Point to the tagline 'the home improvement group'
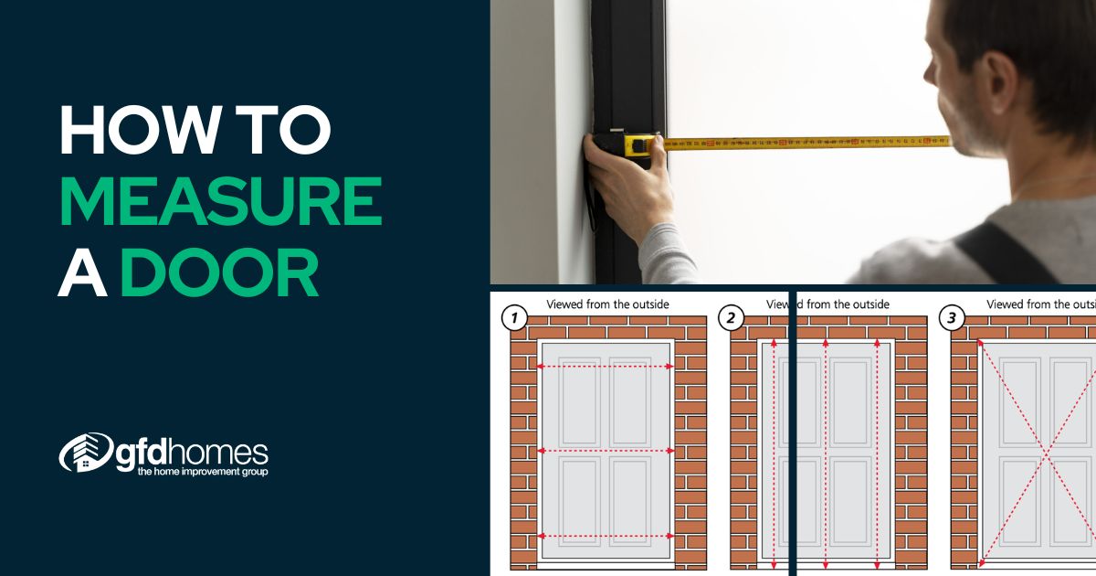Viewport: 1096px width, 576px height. click(x=202, y=472)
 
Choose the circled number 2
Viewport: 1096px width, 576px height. click(x=730, y=318)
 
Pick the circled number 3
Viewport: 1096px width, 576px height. click(x=953, y=318)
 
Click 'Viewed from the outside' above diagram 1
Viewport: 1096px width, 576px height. click(x=607, y=304)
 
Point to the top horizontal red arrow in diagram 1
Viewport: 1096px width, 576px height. click(x=606, y=366)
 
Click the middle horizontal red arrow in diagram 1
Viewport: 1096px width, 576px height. click(x=606, y=451)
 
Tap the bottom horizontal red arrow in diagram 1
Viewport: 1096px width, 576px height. click(x=606, y=536)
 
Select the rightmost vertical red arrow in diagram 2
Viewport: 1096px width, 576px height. click(x=877, y=453)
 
